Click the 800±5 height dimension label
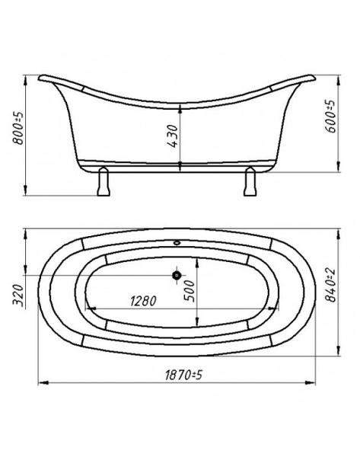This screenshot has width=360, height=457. tap(18, 128)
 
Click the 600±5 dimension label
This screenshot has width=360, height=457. tap(330, 117)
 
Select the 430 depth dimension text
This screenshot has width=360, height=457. tap(174, 136)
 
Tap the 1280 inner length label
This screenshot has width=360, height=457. tap(143, 301)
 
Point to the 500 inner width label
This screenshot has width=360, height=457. tap(189, 291)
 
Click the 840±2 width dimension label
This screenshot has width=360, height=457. tap(330, 286)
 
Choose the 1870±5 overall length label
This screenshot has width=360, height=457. tap(183, 375)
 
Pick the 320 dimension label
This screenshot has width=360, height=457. tap(18, 295)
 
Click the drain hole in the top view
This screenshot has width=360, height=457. tap(177, 275)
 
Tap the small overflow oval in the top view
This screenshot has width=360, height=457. tap(177, 242)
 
